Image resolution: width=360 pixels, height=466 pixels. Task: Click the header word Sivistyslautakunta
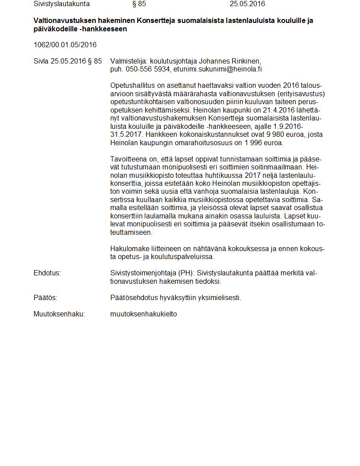62,4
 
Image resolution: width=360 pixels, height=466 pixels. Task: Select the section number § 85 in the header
139,4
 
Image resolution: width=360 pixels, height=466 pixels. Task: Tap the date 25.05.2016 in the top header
247,4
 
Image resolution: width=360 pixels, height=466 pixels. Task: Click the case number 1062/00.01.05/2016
65,45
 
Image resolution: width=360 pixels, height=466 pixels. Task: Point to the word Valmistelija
129,61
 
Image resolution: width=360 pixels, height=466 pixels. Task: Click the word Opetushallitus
132,85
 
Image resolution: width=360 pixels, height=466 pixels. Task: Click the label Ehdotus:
47,273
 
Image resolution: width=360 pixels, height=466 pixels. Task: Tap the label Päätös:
45,298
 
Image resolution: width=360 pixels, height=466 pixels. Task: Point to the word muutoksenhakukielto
143,314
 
